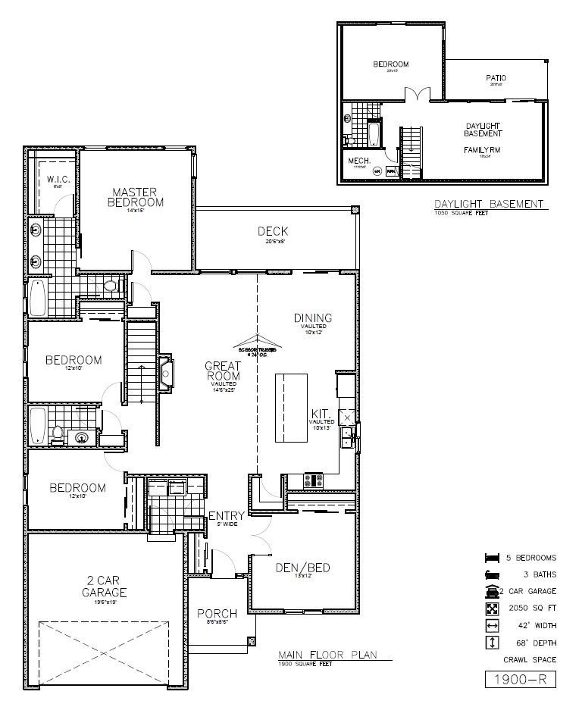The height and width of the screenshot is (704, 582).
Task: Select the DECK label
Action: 272,231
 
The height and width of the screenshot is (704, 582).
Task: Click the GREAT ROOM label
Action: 223,371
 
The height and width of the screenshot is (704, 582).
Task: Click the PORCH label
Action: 217,613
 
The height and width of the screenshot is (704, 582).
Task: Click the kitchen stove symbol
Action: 313,480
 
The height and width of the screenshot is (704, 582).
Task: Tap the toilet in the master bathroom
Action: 111,286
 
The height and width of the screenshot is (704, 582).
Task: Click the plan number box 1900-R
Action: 520,680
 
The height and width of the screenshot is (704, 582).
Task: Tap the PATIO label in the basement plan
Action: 496,78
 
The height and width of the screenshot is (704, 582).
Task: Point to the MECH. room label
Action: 358,161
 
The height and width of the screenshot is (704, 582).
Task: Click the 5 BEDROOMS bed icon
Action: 492,558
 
